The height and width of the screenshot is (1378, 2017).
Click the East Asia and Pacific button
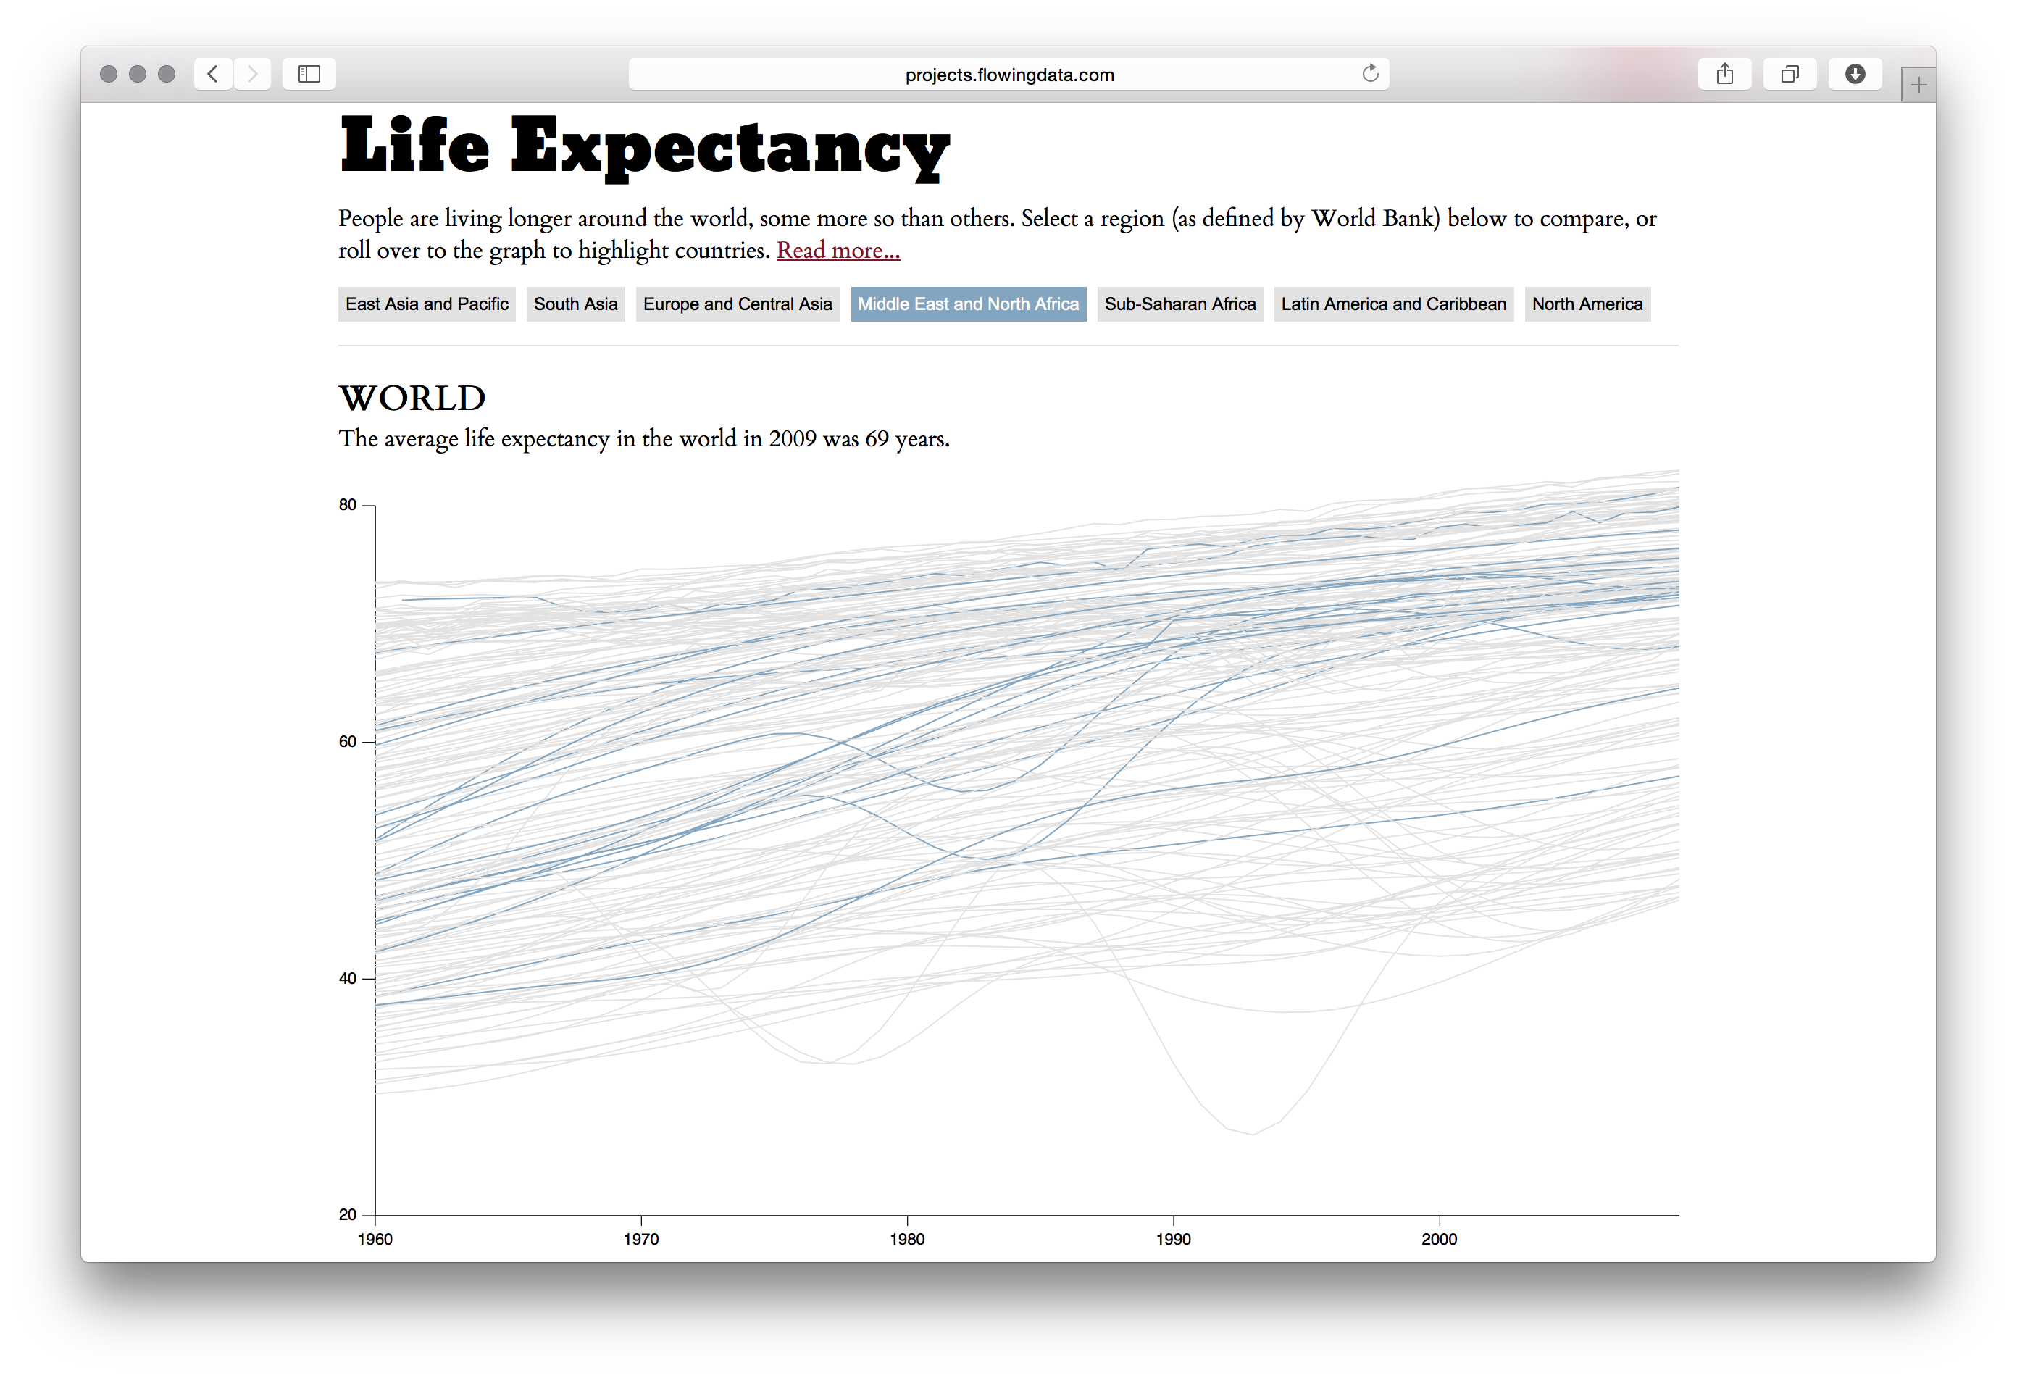click(x=426, y=304)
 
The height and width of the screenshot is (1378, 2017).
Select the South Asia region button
click(x=575, y=304)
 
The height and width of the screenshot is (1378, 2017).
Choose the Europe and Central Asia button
click(x=737, y=304)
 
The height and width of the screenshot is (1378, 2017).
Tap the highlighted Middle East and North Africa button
click(x=968, y=304)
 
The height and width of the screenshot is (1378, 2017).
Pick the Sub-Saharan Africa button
click(x=1179, y=304)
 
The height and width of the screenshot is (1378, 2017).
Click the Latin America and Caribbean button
click(x=1393, y=304)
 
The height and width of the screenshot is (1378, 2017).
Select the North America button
click(x=1587, y=304)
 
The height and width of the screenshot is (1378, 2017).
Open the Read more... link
click(x=838, y=250)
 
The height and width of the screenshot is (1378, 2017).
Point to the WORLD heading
click(x=412, y=398)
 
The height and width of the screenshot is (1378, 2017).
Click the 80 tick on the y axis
click(x=348, y=505)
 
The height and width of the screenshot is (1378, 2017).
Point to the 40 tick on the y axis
click(x=348, y=978)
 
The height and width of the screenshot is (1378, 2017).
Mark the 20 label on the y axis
click(x=348, y=1215)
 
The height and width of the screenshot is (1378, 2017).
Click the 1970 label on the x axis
click(x=640, y=1239)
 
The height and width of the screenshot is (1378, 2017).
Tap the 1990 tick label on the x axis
click(x=1172, y=1239)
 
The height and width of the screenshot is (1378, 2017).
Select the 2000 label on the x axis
click(x=1439, y=1239)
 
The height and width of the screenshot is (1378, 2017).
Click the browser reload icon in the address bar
click(x=1369, y=74)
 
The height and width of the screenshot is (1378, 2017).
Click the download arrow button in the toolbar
click(x=1855, y=74)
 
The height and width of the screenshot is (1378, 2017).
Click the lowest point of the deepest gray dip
click(x=1253, y=1134)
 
